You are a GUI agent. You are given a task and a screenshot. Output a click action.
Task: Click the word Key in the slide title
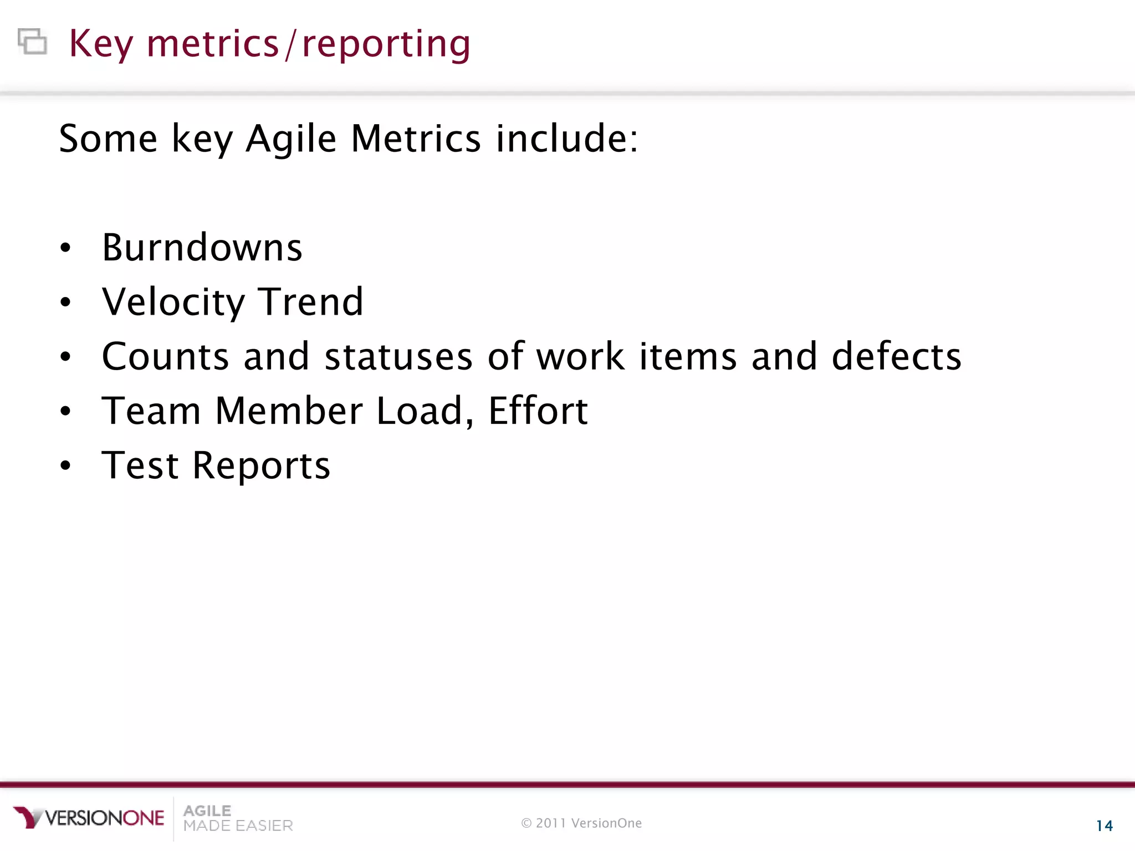pyautogui.click(x=101, y=44)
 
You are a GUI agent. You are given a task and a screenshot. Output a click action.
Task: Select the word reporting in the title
pyautogui.click(x=386, y=44)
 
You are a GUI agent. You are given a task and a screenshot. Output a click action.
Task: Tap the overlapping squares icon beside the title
pyautogui.click(x=32, y=42)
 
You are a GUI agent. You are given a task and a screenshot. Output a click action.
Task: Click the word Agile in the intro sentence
pyautogui.click(x=291, y=139)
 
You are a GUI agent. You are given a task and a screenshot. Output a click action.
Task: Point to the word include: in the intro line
pyautogui.click(x=566, y=139)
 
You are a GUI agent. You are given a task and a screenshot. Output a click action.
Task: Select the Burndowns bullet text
pyautogui.click(x=202, y=248)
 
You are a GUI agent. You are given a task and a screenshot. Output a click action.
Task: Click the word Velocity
pyautogui.click(x=173, y=303)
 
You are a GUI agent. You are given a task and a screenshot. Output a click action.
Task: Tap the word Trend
pyautogui.click(x=311, y=303)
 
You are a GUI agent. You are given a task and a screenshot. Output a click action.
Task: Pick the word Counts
pyautogui.click(x=165, y=356)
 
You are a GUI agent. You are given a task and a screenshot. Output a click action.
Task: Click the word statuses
pyautogui.click(x=398, y=356)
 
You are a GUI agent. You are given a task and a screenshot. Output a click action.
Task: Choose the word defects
pyautogui.click(x=896, y=356)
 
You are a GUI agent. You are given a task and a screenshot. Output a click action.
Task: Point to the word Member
pyautogui.click(x=289, y=411)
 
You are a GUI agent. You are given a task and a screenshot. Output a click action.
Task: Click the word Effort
pyautogui.click(x=538, y=411)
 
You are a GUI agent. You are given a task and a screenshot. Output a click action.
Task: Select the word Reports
pyautogui.click(x=261, y=465)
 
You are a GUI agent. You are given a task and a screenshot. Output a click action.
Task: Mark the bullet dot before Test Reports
pyautogui.click(x=66, y=465)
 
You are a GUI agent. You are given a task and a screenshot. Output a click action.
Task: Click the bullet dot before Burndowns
pyautogui.click(x=66, y=248)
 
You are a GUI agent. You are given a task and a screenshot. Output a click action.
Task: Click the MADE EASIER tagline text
pyautogui.click(x=238, y=826)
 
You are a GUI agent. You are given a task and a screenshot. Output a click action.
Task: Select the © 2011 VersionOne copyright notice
pyautogui.click(x=581, y=823)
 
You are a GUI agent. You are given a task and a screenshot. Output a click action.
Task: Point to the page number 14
pyautogui.click(x=1104, y=826)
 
